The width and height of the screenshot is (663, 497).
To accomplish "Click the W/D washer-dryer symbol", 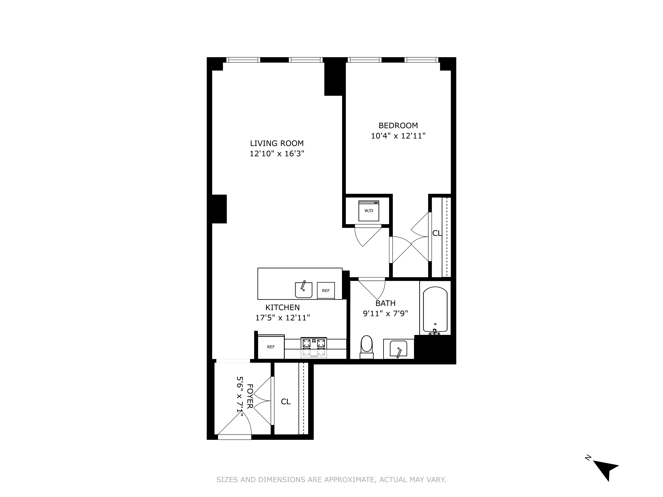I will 369,211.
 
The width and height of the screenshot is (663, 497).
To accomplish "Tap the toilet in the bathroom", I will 367,346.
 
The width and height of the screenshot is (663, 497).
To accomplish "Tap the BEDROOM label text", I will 398,126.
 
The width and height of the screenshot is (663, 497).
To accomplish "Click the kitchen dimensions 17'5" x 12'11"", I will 282,318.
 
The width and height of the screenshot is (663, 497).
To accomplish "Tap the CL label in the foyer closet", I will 286,401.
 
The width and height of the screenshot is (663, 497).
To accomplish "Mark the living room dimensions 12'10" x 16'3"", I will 277,154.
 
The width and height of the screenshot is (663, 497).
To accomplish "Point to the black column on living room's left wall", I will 219,209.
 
